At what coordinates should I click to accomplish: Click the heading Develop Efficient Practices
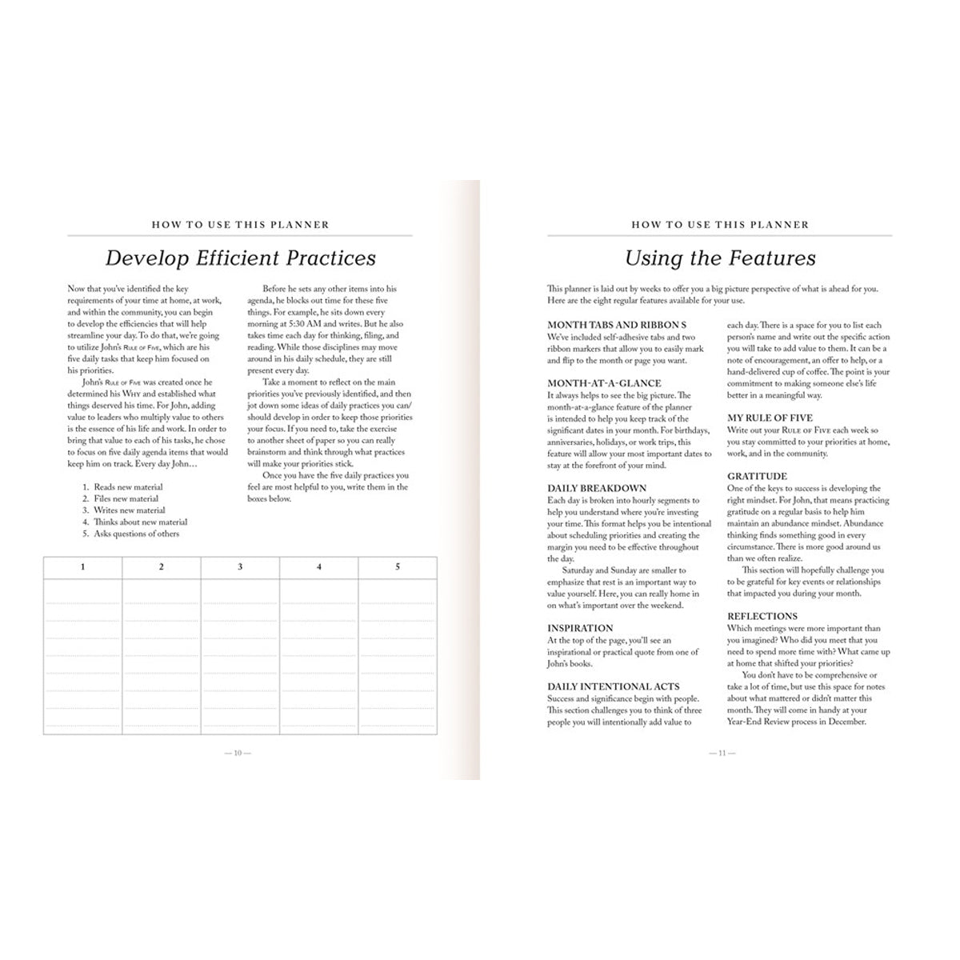pyautogui.click(x=240, y=258)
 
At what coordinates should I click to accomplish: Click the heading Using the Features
pyautogui.click(x=720, y=258)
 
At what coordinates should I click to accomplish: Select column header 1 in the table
pyautogui.click(x=82, y=567)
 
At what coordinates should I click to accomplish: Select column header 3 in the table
pyautogui.click(x=240, y=567)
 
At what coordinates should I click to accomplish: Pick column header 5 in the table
pyautogui.click(x=398, y=567)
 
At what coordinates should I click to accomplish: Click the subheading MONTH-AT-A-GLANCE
pyautogui.click(x=604, y=383)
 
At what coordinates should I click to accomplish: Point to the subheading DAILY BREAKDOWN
pyautogui.click(x=597, y=488)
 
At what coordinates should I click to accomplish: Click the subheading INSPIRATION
pyautogui.click(x=580, y=628)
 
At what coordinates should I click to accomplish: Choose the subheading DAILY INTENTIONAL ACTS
pyautogui.click(x=614, y=686)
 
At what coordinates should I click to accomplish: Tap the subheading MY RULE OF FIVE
pyautogui.click(x=770, y=418)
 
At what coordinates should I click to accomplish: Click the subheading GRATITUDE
pyautogui.click(x=757, y=476)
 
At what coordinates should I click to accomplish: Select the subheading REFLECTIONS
pyautogui.click(x=762, y=616)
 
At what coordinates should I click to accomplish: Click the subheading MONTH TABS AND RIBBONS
pyautogui.click(x=617, y=325)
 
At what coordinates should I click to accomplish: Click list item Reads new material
pyautogui.click(x=128, y=487)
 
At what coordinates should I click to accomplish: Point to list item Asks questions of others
pyautogui.click(x=136, y=534)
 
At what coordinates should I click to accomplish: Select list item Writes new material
pyautogui.click(x=130, y=510)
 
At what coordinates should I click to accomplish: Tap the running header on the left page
pyautogui.click(x=240, y=225)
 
